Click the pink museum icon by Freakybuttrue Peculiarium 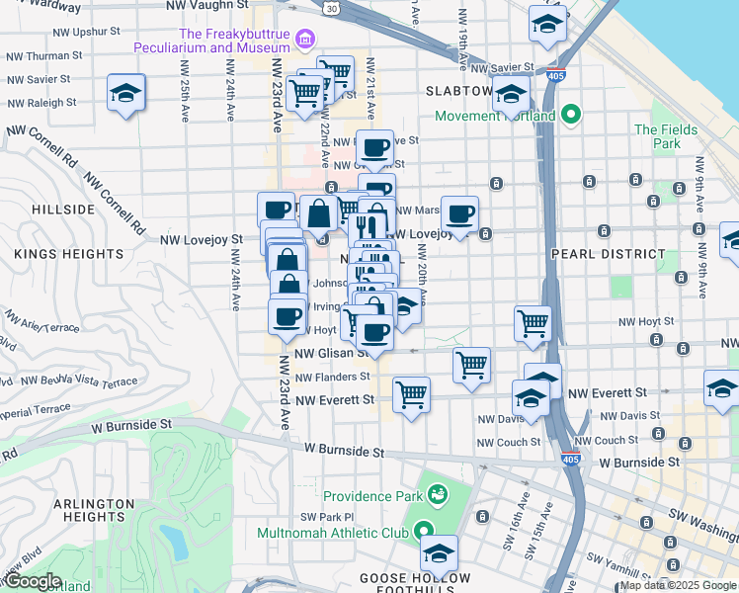305,40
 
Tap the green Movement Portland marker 570,116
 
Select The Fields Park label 658,136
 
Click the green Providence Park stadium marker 436,492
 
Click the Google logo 32,581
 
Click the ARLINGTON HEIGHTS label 94,511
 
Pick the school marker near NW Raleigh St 125,93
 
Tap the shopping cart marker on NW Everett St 411,394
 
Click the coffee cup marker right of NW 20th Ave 458,213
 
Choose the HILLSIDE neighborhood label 62,210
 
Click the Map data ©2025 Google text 678,585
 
